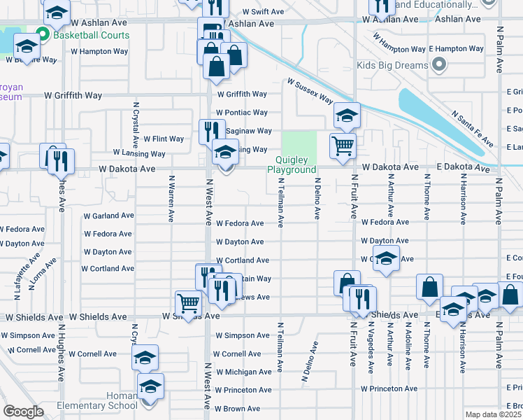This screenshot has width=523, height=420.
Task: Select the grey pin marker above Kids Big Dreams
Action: point(439,66)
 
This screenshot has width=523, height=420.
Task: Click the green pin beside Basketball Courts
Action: point(43,34)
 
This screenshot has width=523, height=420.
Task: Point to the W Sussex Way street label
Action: point(309,91)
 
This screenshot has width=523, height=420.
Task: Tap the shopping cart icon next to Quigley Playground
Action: point(343,146)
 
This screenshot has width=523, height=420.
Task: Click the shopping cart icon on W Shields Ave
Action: point(188,303)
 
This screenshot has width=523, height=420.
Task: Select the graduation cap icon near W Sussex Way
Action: point(346,115)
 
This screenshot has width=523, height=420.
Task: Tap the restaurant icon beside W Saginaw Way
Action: point(212,131)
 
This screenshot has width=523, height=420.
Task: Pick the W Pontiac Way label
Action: point(241,112)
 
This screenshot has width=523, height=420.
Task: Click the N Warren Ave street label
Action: point(171,197)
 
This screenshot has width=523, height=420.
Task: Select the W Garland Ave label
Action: point(108,216)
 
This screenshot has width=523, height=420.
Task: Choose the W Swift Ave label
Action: point(263,12)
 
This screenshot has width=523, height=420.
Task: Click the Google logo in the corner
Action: point(23,412)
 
